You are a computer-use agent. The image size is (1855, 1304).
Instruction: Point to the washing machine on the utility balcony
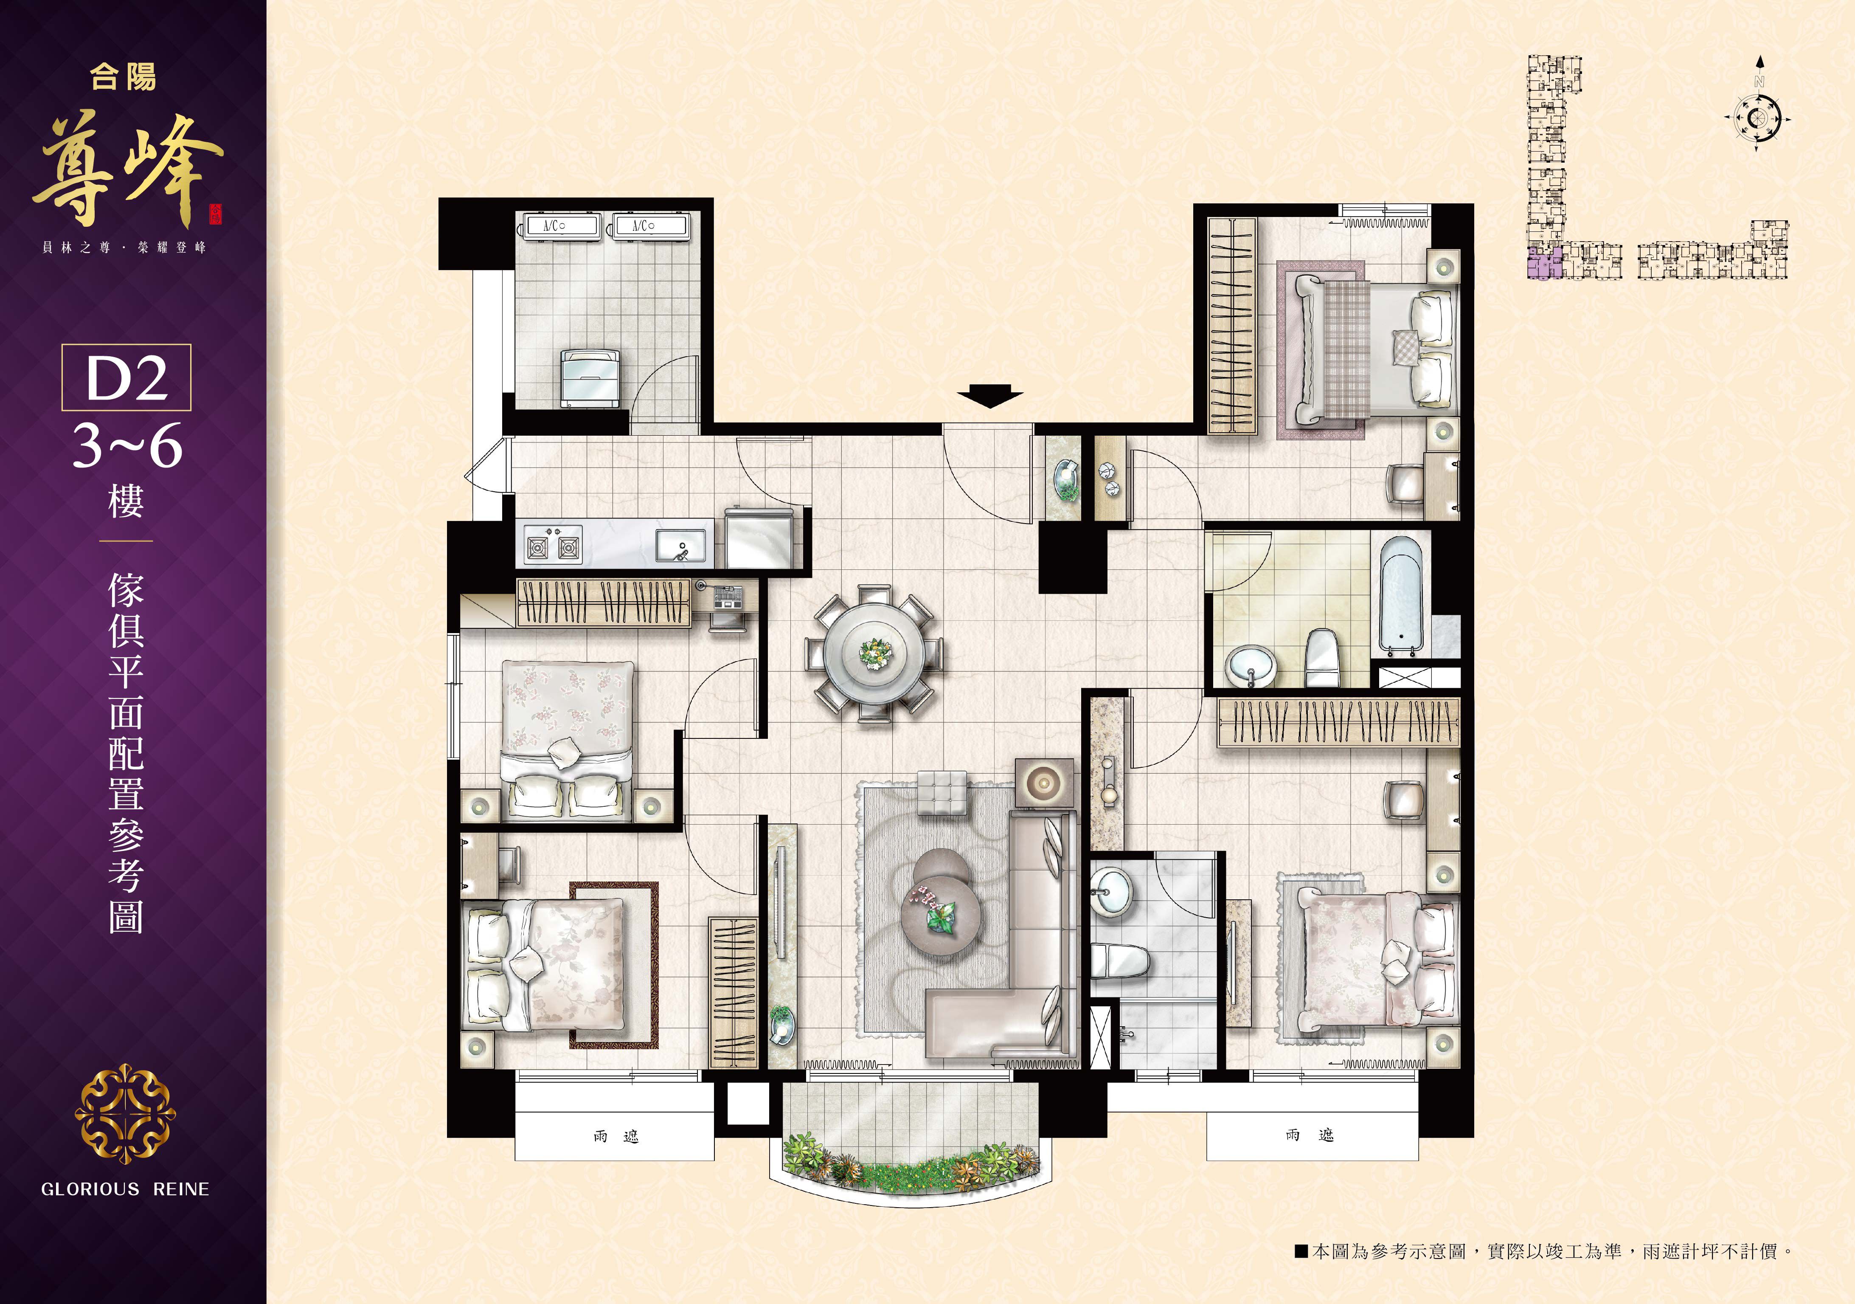tap(590, 378)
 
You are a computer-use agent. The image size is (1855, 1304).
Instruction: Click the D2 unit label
tap(127, 377)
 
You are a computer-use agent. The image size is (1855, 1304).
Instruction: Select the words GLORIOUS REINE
tap(125, 1189)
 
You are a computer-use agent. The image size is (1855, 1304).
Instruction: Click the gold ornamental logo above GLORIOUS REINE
tap(125, 1113)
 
